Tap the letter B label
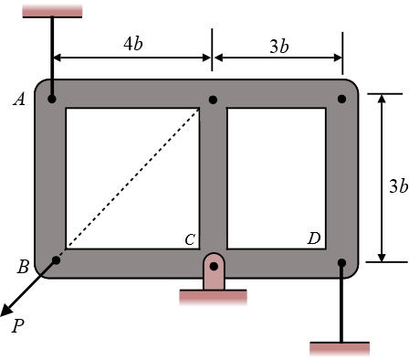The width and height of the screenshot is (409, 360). pyautogui.click(x=23, y=267)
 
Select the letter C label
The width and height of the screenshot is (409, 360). pyautogui.click(x=190, y=240)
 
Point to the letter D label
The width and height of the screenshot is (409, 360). pyautogui.click(x=314, y=239)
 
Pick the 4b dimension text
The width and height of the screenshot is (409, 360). pyautogui.click(x=132, y=44)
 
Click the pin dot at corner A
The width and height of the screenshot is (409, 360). pyautogui.click(x=53, y=99)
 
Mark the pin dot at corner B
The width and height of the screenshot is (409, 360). pyautogui.click(x=55, y=261)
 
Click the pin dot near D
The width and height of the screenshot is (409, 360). pyautogui.click(x=341, y=263)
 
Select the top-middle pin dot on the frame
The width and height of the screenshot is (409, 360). pyautogui.click(x=213, y=99)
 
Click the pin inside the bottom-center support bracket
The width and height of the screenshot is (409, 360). pyautogui.click(x=213, y=267)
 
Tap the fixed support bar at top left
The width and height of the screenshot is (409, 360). pyautogui.click(x=53, y=9)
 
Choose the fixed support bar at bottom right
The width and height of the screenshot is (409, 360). pyautogui.click(x=341, y=348)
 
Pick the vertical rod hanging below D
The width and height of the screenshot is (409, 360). pyautogui.click(x=341, y=306)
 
